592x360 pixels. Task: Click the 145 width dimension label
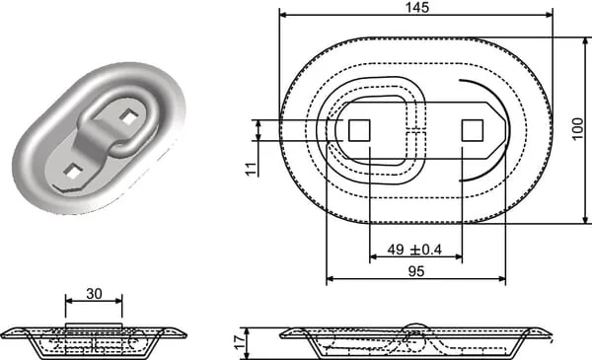click(x=418, y=7)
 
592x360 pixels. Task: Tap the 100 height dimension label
click(x=577, y=129)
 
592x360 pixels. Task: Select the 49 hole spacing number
click(x=396, y=250)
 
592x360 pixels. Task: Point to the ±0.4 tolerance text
click(x=426, y=250)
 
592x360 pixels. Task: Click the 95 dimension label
click(x=416, y=271)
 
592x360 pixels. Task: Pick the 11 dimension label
click(x=252, y=169)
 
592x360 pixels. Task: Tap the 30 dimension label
click(x=94, y=293)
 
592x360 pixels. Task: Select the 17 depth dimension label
click(x=240, y=342)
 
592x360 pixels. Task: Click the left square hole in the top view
click(x=359, y=130)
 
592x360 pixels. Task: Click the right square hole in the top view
click(x=473, y=130)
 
